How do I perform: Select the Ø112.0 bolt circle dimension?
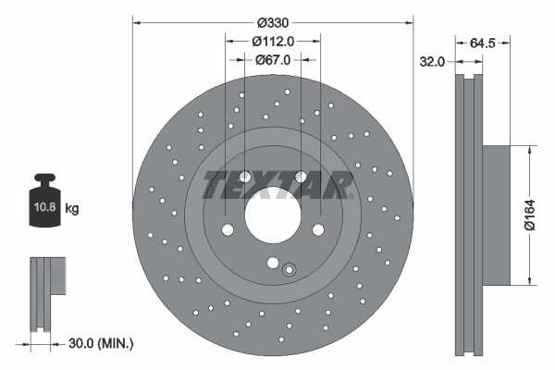point(272,41)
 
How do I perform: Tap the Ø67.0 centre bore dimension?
point(272,59)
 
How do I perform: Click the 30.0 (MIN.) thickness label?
point(102,343)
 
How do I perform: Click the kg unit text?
point(73,209)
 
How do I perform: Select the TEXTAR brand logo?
point(277,185)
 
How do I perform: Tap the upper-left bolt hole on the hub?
point(245,178)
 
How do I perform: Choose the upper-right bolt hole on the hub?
point(301,178)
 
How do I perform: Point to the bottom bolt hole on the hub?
point(272,262)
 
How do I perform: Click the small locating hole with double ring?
point(289,270)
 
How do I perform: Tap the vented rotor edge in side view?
point(468,215)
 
